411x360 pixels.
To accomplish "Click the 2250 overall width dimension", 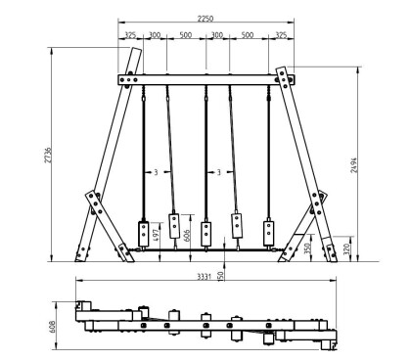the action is point(205,19).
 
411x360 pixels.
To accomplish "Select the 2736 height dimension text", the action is point(48,156).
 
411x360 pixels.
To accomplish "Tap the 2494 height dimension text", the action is point(354,165).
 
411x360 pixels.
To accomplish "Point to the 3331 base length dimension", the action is point(205,277).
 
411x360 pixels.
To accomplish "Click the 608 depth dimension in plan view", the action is point(52,327).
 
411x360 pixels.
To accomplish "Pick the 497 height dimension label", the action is point(156,236).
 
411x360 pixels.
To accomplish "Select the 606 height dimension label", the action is point(187,236).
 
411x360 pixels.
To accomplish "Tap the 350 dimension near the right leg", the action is point(307,248).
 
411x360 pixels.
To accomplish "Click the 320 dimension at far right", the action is point(346,249).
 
